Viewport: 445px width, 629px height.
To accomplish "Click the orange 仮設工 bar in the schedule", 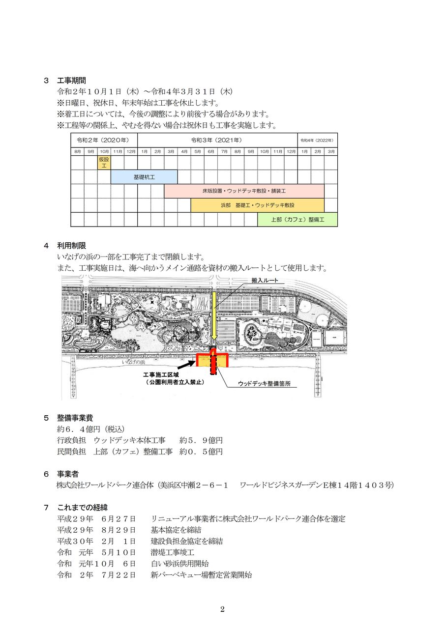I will tap(104, 163).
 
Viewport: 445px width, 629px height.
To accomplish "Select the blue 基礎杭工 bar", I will tap(144, 177).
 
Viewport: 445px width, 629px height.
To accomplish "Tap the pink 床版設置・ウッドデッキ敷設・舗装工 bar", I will tap(244, 191).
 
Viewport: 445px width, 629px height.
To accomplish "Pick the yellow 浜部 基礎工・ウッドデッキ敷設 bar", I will tap(257, 205).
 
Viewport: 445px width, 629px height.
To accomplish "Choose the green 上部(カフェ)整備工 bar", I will tap(297, 219).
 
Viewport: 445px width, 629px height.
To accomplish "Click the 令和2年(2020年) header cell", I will tap(104, 140).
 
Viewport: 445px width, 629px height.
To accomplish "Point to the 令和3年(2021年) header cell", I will tap(217, 140).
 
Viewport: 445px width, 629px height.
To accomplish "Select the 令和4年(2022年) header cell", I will tap(317, 140).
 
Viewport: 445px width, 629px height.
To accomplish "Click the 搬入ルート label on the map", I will tap(265, 280).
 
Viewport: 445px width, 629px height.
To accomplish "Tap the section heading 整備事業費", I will tap(75, 418).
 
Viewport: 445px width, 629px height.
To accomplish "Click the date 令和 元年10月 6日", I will tap(96, 564).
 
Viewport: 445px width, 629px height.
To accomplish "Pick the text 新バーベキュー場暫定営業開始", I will tap(201, 575).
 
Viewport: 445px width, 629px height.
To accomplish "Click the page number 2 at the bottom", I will tap(222, 609).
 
